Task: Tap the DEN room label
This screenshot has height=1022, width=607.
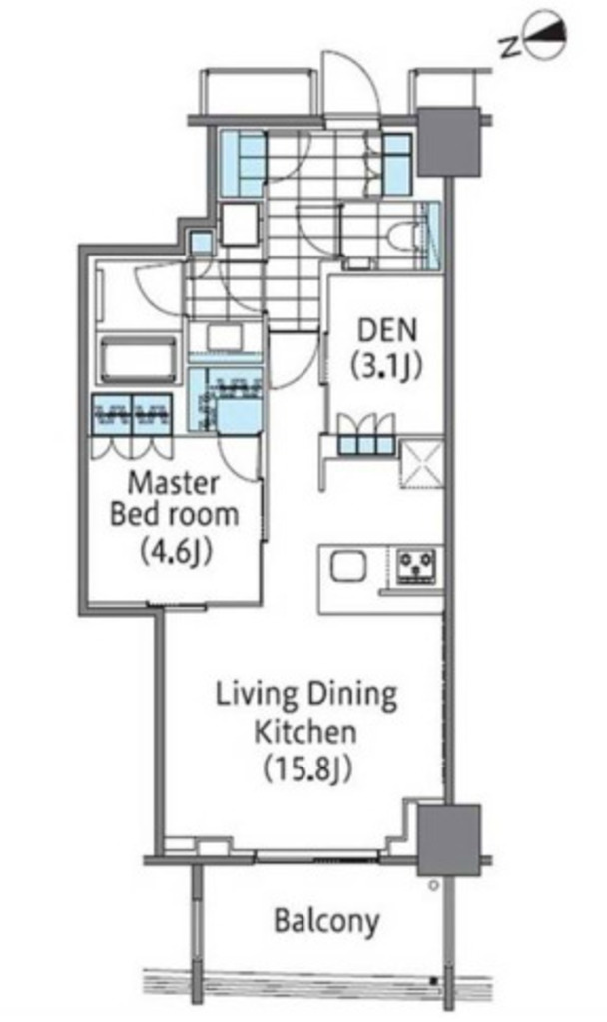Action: coord(387,329)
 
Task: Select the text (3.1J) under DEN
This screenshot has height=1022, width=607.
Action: coord(387,367)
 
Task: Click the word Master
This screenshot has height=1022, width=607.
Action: coord(174,484)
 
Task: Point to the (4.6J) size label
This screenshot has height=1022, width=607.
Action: coord(174,551)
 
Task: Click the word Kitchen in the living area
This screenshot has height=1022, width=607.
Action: coord(305,732)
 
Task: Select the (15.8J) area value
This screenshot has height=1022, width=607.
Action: coord(306,768)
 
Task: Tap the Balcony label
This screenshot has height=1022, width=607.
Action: coord(326,922)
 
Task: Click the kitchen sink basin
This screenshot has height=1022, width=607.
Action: coord(348,566)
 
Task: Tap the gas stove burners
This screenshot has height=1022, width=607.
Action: coord(417,566)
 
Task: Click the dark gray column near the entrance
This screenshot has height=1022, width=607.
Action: coord(449,142)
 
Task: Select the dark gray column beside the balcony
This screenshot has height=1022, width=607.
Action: coord(449,840)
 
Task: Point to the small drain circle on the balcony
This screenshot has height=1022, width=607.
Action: coord(433,886)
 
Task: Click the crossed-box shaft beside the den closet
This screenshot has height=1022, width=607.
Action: coord(422,464)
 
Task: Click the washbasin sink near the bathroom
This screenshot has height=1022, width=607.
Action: coord(224,337)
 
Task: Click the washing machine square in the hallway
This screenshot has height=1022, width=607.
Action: coord(240,224)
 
